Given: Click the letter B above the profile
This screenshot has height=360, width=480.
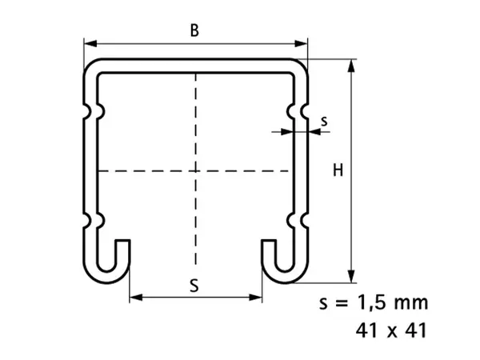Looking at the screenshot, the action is pyautogui.click(x=194, y=30).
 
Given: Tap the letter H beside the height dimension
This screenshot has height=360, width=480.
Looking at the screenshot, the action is pyautogui.click(x=338, y=170).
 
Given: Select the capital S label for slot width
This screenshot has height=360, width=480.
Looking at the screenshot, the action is pyautogui.click(x=194, y=286).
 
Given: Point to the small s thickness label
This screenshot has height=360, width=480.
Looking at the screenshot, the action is pyautogui.click(x=324, y=122).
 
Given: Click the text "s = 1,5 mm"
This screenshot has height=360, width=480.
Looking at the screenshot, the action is pyautogui.click(x=374, y=302).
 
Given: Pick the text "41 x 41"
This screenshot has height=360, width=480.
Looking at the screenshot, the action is pyautogui.click(x=391, y=330).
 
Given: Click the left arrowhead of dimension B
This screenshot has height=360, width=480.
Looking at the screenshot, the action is pyautogui.click(x=90, y=43).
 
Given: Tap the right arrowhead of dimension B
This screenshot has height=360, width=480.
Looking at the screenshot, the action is pyautogui.click(x=301, y=43).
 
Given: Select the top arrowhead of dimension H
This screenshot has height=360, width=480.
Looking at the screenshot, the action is pyautogui.click(x=352, y=66).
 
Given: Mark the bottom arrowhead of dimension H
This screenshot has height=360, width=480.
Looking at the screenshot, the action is pyautogui.click(x=352, y=276).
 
